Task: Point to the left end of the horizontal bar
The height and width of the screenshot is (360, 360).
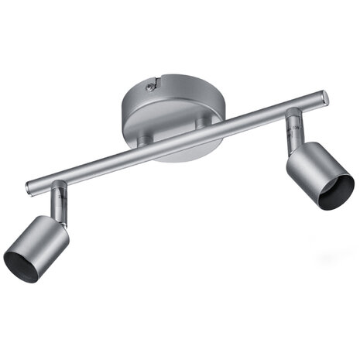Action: coord(29,187)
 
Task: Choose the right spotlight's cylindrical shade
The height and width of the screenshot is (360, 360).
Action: coord(314,170)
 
